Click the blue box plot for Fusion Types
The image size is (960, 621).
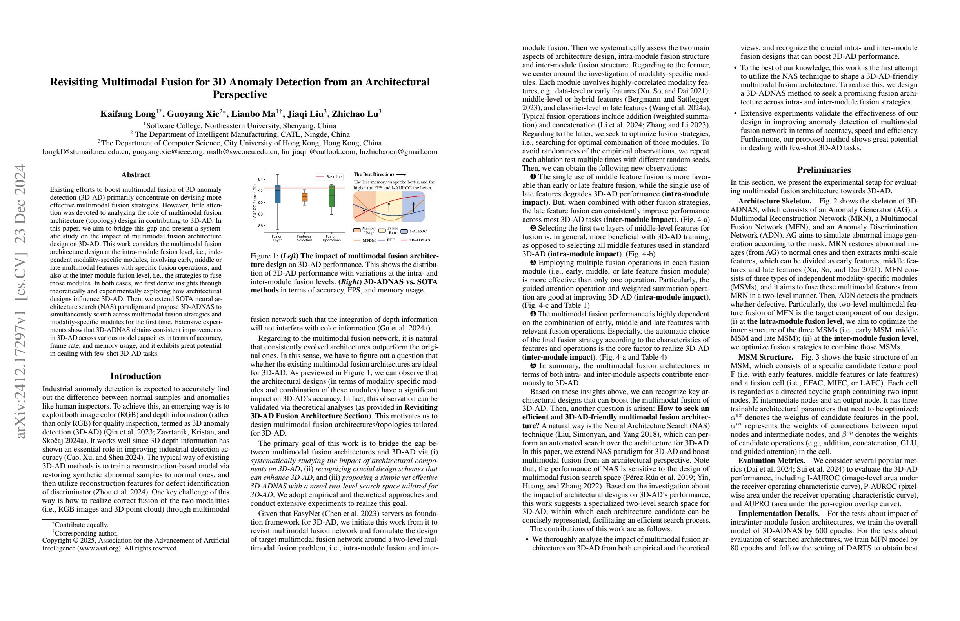click(x=278, y=194)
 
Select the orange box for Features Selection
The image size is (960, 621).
click(x=305, y=197)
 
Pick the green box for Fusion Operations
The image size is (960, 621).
click(x=331, y=196)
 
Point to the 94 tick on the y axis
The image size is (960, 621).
click(x=260, y=180)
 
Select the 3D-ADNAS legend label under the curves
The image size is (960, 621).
click(x=419, y=240)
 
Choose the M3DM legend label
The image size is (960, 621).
click(x=369, y=240)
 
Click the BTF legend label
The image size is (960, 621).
click(x=391, y=240)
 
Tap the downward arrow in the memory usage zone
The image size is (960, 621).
click(x=364, y=207)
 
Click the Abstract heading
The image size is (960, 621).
click(x=136, y=174)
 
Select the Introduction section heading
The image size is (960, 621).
click(x=136, y=376)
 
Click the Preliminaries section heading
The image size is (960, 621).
click(x=824, y=170)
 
